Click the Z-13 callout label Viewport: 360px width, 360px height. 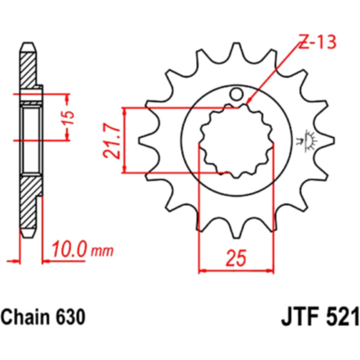[x=317, y=42]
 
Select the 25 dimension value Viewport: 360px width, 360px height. [x=236, y=257]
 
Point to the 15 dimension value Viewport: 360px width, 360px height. [x=69, y=118]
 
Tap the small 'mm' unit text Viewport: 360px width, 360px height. [x=103, y=251]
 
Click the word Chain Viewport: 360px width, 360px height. [x=25, y=317]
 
